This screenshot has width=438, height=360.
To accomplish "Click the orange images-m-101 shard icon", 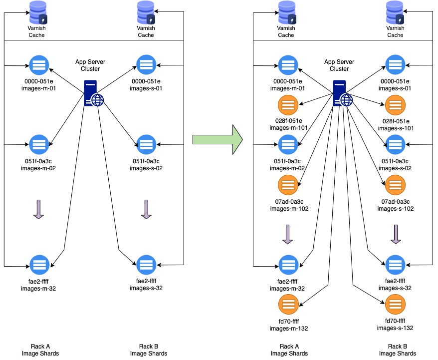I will [x=287, y=105].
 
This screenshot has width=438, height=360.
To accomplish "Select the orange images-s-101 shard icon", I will [x=395, y=105].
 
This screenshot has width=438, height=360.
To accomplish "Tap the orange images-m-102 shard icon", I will [x=287, y=185].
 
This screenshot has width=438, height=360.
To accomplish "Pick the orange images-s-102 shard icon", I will [x=395, y=185].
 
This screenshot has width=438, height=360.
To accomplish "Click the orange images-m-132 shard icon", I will [x=287, y=305].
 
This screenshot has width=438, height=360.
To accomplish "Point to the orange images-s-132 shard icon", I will [x=395, y=305].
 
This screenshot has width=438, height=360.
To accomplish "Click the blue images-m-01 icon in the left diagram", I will [x=38, y=65].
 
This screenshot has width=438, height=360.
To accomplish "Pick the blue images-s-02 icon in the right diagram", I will [x=395, y=145].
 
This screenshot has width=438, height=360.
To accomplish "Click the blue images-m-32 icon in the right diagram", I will [x=287, y=265].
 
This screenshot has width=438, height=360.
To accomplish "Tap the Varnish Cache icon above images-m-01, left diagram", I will [x=38, y=12].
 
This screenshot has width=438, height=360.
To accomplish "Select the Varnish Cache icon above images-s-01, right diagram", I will [x=395, y=12].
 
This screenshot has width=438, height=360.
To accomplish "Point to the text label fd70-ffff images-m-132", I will [x=287, y=325].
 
